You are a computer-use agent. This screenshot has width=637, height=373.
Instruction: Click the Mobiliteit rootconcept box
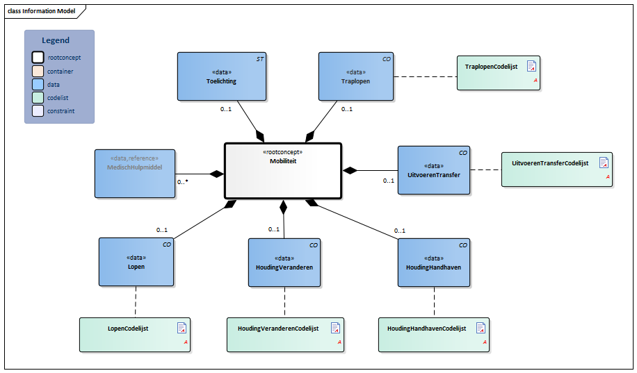(282, 170)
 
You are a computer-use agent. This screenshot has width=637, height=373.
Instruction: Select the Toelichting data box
(221, 76)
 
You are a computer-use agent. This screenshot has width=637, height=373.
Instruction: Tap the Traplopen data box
(355, 76)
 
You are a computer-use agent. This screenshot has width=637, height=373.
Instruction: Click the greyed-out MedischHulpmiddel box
(134, 173)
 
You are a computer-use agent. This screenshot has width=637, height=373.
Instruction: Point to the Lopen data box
(136, 262)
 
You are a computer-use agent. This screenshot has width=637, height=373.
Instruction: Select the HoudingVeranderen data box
(284, 262)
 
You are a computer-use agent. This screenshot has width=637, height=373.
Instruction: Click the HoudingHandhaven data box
(433, 262)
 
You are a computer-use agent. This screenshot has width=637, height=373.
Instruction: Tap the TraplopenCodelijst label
(491, 67)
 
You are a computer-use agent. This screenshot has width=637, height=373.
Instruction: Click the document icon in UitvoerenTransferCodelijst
(604, 163)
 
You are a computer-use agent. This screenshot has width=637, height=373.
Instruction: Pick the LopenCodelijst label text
(128, 328)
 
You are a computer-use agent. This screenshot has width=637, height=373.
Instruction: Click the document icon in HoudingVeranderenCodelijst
(335, 328)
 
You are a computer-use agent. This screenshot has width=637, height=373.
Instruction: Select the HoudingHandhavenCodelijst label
(426, 328)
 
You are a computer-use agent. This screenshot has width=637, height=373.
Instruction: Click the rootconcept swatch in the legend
(38, 58)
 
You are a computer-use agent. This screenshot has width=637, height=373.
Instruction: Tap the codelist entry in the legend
(57, 98)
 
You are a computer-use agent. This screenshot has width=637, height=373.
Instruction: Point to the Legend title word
(56, 40)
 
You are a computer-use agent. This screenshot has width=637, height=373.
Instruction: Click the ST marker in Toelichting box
(259, 59)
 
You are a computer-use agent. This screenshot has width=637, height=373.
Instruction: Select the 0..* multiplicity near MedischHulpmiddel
(183, 182)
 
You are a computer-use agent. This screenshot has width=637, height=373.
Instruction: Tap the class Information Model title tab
(42, 11)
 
